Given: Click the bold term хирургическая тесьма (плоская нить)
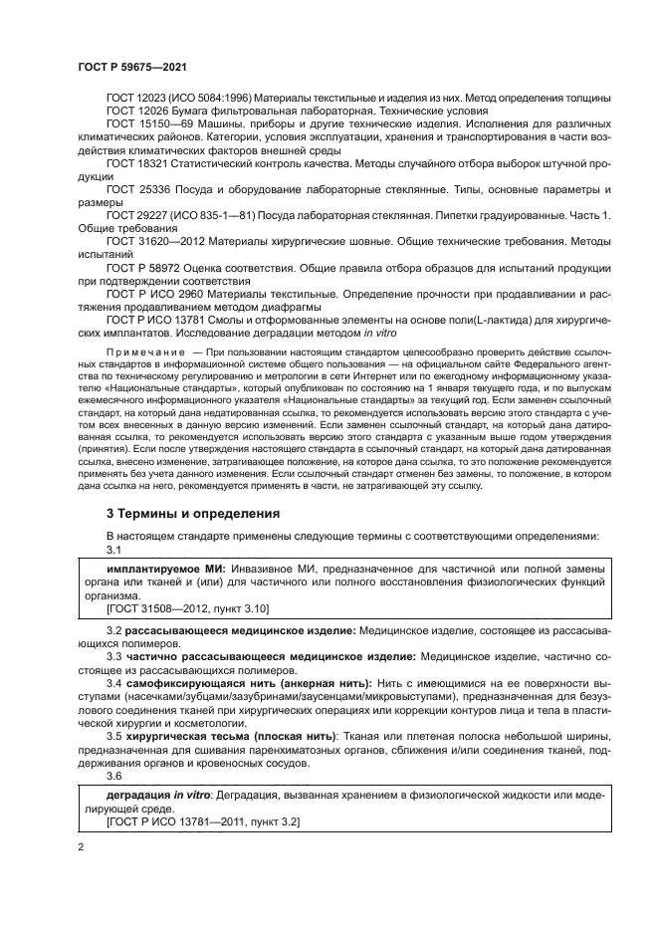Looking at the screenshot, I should (x=230, y=735).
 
